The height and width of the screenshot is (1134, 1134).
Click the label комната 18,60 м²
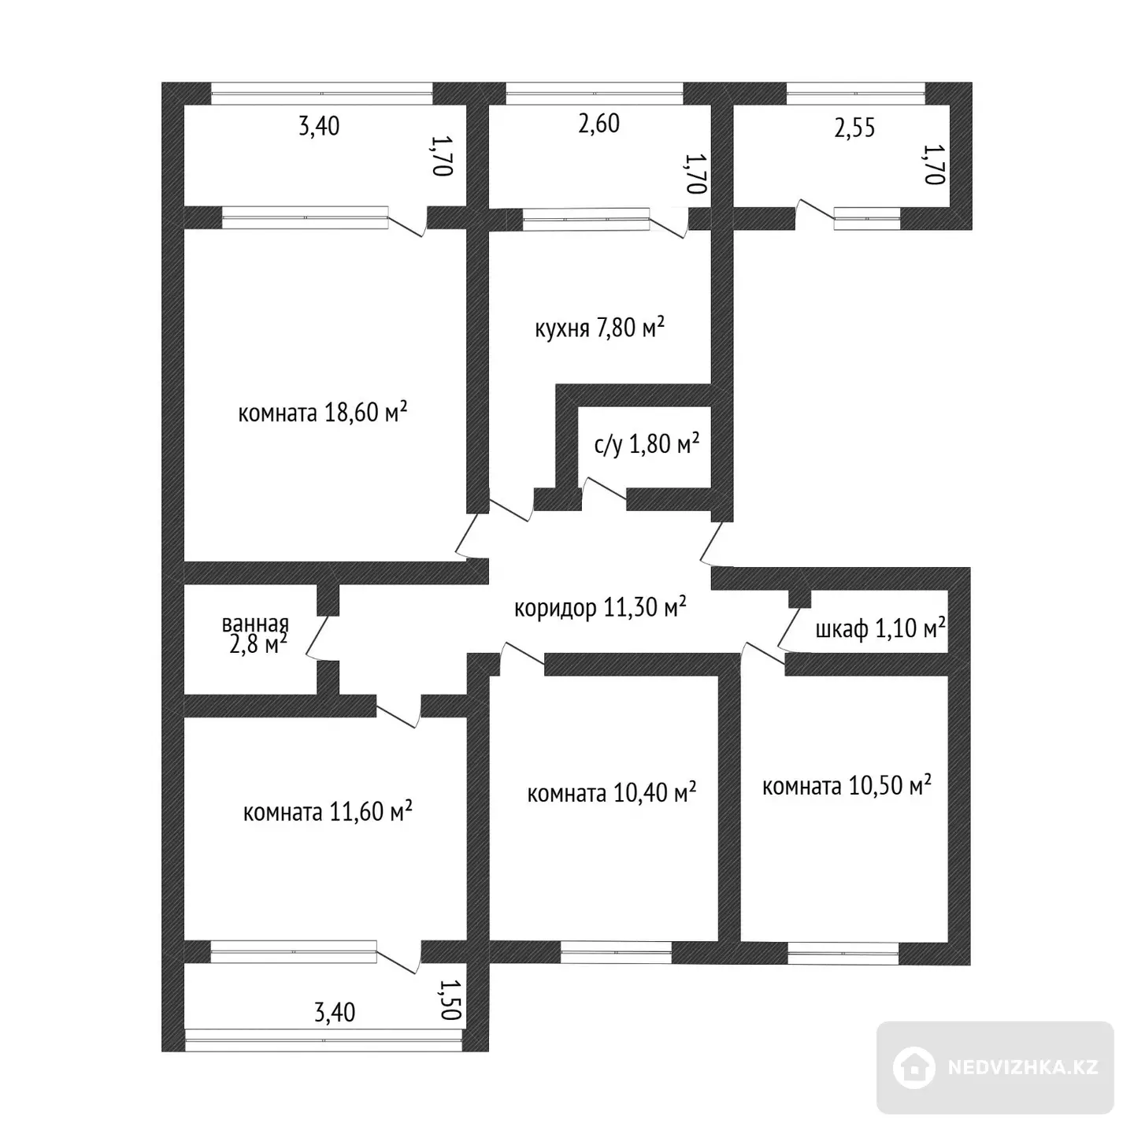(x=323, y=413)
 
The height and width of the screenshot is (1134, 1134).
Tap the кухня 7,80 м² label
(x=599, y=327)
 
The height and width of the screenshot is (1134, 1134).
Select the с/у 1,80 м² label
(x=647, y=444)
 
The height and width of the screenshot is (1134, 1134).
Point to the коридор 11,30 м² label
(x=600, y=606)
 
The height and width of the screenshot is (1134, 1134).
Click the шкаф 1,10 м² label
(x=880, y=628)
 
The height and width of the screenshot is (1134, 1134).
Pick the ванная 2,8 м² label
(x=255, y=635)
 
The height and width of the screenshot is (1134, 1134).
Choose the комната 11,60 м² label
(x=327, y=812)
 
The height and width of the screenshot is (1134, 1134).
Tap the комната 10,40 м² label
(x=611, y=793)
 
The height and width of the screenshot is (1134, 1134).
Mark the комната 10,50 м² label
(x=847, y=786)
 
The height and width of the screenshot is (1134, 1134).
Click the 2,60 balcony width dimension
(x=599, y=124)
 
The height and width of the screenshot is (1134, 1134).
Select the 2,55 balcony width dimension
(x=854, y=128)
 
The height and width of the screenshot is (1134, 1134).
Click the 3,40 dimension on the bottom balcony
(x=335, y=1013)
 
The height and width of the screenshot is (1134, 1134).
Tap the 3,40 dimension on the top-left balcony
(x=319, y=127)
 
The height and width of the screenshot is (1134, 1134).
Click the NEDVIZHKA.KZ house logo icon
(x=914, y=1068)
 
